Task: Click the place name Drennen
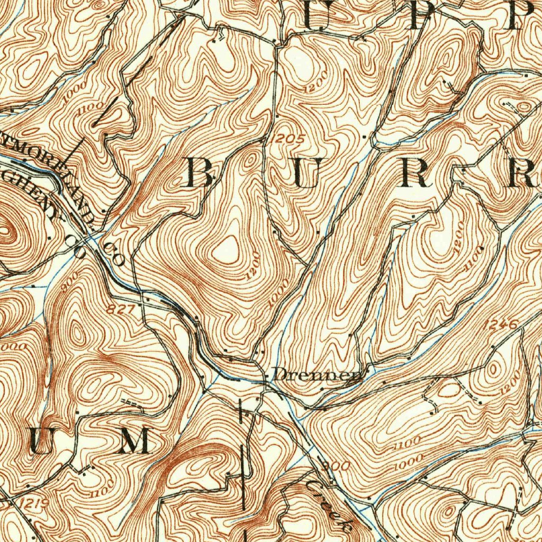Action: [x=317, y=375]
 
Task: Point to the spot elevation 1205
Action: [x=290, y=139]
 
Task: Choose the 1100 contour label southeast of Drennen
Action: [x=408, y=441]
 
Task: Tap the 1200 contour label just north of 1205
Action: [x=316, y=80]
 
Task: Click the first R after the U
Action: [x=415, y=173]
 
